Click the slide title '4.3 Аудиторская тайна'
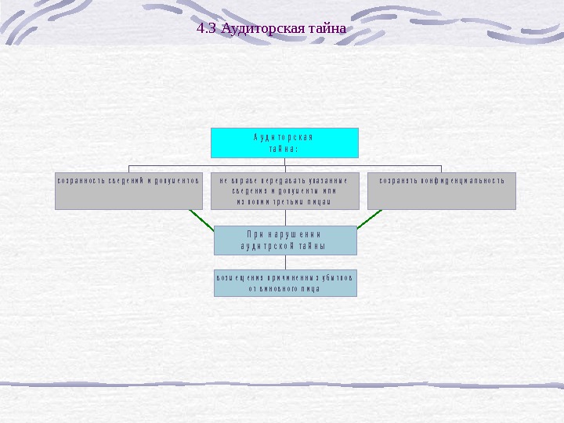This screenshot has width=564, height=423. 271,30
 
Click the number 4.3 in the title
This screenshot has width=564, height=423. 206,30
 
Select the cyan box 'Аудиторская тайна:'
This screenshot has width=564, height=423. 284,143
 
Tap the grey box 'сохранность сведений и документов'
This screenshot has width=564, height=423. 128,190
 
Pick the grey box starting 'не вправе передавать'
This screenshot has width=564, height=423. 284,190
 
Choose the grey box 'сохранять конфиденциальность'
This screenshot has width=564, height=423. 442,190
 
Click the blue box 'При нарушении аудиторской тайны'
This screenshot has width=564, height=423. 284,240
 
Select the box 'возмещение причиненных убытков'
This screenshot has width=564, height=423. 284,283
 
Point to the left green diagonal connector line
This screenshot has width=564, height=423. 201,221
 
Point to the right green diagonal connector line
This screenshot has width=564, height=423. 368,219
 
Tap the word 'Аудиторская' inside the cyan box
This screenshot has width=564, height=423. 284,137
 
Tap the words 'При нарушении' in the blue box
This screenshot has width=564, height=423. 284,234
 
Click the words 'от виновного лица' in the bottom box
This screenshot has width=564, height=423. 284,289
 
